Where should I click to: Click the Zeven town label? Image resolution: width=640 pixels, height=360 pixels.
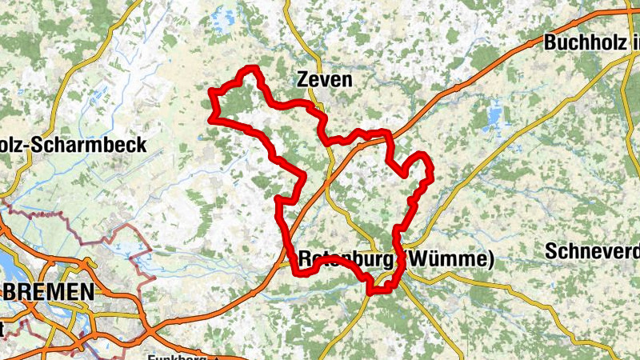coord(323,79)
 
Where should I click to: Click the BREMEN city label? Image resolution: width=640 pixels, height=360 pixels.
coord(49,293)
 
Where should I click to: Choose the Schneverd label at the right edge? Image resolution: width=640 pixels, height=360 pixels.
coord(593,250)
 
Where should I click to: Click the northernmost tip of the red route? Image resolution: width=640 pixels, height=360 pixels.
coord(252,70)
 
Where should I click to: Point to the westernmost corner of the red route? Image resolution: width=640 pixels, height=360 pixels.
coord(212,120)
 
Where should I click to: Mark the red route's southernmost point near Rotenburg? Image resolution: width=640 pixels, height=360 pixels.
coord(372,291)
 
